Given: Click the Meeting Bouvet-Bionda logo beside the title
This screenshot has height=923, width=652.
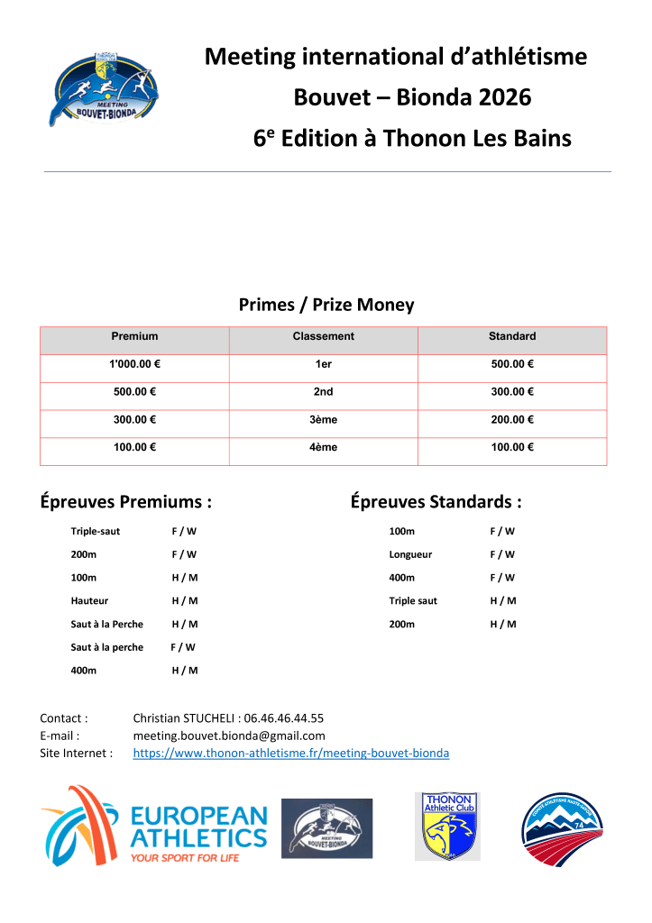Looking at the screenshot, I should [x=105, y=90].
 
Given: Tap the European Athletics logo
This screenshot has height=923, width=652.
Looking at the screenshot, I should [x=154, y=825].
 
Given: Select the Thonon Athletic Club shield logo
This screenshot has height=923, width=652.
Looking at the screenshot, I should [x=447, y=826].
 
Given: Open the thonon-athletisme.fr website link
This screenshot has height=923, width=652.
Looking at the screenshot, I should [x=291, y=753].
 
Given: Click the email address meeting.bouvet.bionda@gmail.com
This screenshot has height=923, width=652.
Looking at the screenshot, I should [x=229, y=736].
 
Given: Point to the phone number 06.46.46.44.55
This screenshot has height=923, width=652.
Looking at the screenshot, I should [x=283, y=718].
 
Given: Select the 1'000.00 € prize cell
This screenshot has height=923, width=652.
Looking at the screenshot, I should [x=134, y=364].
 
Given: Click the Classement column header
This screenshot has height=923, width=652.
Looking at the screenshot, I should [x=323, y=336].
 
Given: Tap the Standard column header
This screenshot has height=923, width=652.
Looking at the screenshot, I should [x=512, y=336].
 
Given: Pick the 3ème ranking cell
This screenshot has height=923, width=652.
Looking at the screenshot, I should [x=323, y=420].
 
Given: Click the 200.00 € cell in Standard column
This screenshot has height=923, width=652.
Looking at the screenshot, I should [x=512, y=420].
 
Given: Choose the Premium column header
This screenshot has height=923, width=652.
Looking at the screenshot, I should [x=134, y=336].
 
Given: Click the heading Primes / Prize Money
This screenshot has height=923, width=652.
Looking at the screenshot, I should [x=326, y=305].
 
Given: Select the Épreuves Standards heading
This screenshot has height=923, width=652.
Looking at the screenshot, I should [x=436, y=502].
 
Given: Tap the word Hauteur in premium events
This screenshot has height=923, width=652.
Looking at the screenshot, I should [x=89, y=600].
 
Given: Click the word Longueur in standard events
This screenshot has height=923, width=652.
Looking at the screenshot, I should [x=410, y=554].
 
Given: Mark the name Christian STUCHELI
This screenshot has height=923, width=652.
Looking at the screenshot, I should [x=184, y=718].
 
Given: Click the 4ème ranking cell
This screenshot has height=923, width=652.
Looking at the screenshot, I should [x=323, y=448].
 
